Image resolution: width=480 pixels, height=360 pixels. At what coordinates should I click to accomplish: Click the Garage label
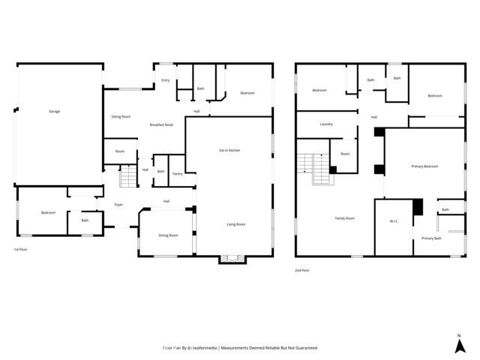[55, 112]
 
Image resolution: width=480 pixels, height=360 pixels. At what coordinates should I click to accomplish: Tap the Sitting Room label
[121, 117]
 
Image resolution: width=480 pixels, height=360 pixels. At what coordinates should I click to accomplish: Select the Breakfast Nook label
[161, 124]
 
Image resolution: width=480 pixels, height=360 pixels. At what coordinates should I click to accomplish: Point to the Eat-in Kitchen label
[229, 151]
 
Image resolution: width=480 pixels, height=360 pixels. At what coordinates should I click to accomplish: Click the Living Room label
[236, 224]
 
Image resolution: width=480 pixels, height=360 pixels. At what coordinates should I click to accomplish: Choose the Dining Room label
[168, 235]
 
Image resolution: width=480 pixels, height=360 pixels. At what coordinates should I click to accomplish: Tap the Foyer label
[118, 205]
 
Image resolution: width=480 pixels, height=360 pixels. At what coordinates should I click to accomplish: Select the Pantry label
[177, 174]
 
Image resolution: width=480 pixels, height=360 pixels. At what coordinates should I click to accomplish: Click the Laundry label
[326, 124]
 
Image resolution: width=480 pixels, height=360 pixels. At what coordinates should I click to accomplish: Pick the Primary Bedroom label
[424, 166]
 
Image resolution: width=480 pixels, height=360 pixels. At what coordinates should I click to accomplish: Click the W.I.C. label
[394, 220]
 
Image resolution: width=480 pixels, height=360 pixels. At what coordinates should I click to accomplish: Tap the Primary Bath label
[431, 238]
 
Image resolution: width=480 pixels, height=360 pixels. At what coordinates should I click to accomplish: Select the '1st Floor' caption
[21, 249]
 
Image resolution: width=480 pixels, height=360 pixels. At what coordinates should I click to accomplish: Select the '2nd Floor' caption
[301, 270]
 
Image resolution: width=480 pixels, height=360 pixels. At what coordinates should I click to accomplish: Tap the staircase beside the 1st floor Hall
[128, 178]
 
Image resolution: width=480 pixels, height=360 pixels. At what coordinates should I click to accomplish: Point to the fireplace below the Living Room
[231, 259]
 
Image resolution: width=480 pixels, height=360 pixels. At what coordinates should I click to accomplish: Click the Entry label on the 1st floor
[165, 79]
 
